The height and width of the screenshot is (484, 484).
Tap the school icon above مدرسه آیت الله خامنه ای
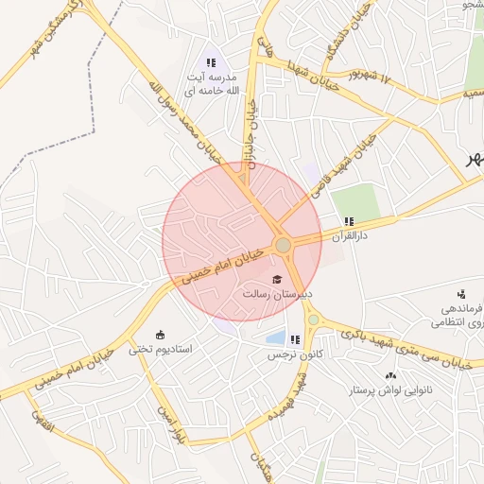coord(211,62)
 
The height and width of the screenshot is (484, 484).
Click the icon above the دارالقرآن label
coord(349,221)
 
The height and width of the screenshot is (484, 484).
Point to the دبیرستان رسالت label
coord(270,294)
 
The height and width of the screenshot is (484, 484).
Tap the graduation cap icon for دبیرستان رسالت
coord(277,279)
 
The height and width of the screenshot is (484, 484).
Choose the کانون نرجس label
coord(294,355)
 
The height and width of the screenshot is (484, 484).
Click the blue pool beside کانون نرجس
coord(275,337)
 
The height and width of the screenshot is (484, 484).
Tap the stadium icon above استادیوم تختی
coord(160,334)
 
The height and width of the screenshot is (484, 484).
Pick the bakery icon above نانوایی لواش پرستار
coord(391,375)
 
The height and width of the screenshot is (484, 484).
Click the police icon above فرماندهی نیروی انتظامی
coord(462,294)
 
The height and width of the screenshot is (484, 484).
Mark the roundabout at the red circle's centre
coord(283,246)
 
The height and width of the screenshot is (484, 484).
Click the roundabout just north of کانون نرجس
coord(313,320)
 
